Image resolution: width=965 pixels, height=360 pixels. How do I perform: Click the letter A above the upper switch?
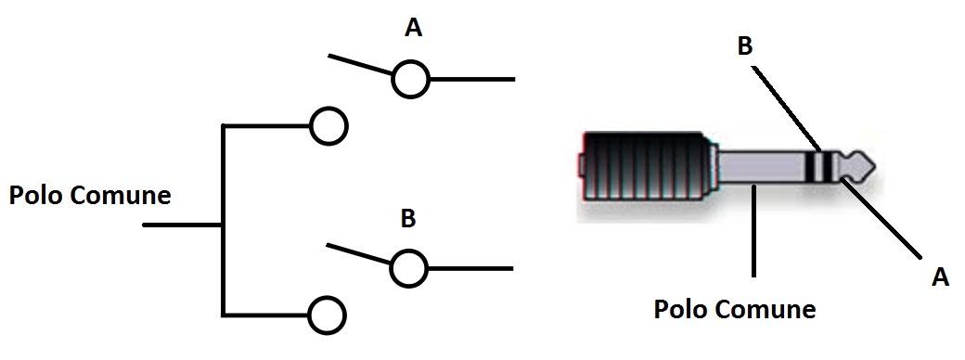pyautogui.click(x=414, y=27)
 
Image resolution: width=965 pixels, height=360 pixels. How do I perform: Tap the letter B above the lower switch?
pyautogui.click(x=408, y=218)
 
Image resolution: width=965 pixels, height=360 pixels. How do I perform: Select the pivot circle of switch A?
pyautogui.click(x=410, y=79)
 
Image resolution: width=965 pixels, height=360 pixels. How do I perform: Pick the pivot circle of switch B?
pyautogui.click(x=408, y=268)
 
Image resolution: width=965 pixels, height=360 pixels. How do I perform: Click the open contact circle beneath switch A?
pyautogui.click(x=329, y=126)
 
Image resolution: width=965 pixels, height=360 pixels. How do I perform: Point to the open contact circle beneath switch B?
pyautogui.click(x=328, y=315)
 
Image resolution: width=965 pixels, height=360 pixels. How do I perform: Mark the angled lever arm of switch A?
pyautogui.click(x=361, y=65)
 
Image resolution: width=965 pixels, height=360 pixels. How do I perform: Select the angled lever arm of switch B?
pyautogui.click(x=359, y=255)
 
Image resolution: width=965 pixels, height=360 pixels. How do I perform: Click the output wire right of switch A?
pyautogui.click(x=471, y=80)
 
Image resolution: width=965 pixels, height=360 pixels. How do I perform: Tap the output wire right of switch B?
pyautogui.click(x=470, y=268)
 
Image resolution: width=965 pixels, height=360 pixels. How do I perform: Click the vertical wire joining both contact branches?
pyautogui.click(x=223, y=221)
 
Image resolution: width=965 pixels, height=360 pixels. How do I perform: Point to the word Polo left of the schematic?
pyautogui.click(x=34, y=196)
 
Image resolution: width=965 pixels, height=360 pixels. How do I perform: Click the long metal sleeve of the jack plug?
pyautogui.click(x=763, y=167)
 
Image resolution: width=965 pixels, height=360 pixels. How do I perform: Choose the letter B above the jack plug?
pyautogui.click(x=745, y=46)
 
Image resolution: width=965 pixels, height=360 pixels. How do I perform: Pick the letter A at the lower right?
pyautogui.click(x=940, y=276)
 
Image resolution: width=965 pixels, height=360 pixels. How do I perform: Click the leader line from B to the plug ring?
pyautogui.click(x=787, y=109)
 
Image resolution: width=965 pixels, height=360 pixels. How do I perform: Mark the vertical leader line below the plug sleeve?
pyautogui.click(x=753, y=229)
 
